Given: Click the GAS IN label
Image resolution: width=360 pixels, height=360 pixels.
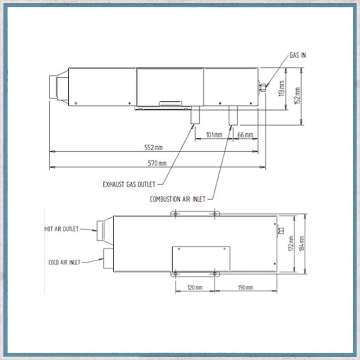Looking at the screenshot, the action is pyautogui.click(x=297, y=55).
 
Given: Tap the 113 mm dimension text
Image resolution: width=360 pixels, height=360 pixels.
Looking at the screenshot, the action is pyautogui.click(x=282, y=88).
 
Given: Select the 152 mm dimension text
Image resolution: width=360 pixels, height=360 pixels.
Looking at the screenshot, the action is pyautogui.click(x=297, y=96).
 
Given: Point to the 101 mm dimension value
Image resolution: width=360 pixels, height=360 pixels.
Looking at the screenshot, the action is pyautogui.click(x=214, y=135).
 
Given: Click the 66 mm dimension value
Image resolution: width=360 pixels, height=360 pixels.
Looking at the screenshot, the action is pyautogui.click(x=245, y=135).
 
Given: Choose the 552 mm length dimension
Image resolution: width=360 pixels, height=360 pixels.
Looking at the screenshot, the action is pyautogui.click(x=153, y=147).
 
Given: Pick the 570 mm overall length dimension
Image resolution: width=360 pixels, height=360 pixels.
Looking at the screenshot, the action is pyautogui.click(x=157, y=163).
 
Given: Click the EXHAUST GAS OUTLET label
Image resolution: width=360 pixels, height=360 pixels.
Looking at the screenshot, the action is pyautogui.click(x=129, y=184).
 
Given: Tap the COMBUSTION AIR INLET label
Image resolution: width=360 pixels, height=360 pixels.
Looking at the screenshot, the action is pyautogui.click(x=178, y=199).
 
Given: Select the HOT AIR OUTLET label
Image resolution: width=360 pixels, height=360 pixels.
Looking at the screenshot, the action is pyautogui.click(x=61, y=229).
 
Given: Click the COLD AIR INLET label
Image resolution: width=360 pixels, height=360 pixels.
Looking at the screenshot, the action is pyautogui.click(x=64, y=262).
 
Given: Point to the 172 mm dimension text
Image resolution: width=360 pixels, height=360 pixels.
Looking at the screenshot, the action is pyautogui.click(x=291, y=243).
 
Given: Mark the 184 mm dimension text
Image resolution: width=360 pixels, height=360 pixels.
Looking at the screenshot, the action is pyautogui.click(x=302, y=244).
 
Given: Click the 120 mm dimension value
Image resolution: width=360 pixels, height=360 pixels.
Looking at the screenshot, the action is pyautogui.click(x=195, y=288).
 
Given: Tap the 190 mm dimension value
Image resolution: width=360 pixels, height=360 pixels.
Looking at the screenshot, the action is pyautogui.click(x=245, y=288).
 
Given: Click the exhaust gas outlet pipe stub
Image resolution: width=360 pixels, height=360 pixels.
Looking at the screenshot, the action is pyautogui.click(x=195, y=115).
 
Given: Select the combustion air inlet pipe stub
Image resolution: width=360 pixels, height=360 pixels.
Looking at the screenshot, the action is pyautogui.click(x=233, y=115).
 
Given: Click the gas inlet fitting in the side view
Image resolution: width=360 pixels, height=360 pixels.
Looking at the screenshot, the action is pyautogui.click(x=262, y=88).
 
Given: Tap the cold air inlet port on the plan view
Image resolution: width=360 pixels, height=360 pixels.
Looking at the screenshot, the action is pyautogui.click(x=108, y=258).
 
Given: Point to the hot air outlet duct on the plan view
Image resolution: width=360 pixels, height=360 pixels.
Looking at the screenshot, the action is pyautogui.click(x=105, y=231).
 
